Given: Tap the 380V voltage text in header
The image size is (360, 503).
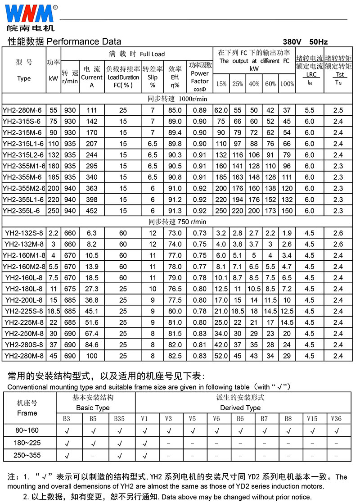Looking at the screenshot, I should click(x=292, y=41).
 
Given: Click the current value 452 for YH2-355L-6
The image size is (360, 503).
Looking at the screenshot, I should click(x=92, y=211).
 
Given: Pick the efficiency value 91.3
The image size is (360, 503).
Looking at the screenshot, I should click(x=175, y=211).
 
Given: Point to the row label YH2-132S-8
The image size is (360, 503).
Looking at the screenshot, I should click(x=24, y=233).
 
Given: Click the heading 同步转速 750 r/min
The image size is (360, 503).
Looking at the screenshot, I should click(x=177, y=222).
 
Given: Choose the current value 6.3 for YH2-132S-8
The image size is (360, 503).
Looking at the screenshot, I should click(x=92, y=233).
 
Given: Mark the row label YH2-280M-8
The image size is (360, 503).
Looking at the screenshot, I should click(x=24, y=356).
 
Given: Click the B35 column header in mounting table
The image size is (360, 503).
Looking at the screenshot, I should click(x=119, y=419).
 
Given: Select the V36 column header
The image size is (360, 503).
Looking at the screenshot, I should click(x=336, y=419).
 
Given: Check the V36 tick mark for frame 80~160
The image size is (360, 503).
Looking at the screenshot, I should click(x=336, y=431).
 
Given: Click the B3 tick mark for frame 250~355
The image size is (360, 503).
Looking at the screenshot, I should click(x=67, y=456).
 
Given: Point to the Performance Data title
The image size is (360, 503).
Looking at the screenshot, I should click(x=65, y=42).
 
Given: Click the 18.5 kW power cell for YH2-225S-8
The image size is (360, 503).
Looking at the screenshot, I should click(x=54, y=312).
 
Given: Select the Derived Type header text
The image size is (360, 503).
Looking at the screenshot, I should click(x=240, y=408).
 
